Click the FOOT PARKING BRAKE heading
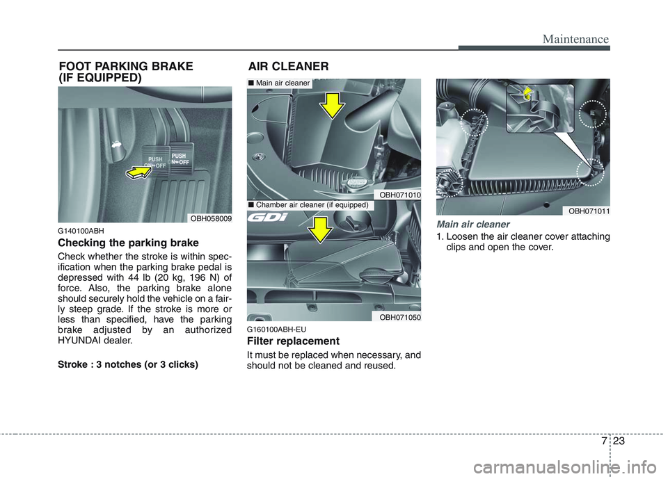(x=125, y=72)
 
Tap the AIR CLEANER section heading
(x=289, y=66)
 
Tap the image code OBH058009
(x=212, y=218)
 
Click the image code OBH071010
(x=399, y=195)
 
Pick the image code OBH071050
(x=399, y=316)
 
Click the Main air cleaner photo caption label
(x=279, y=83)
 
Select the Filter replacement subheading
(x=293, y=341)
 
